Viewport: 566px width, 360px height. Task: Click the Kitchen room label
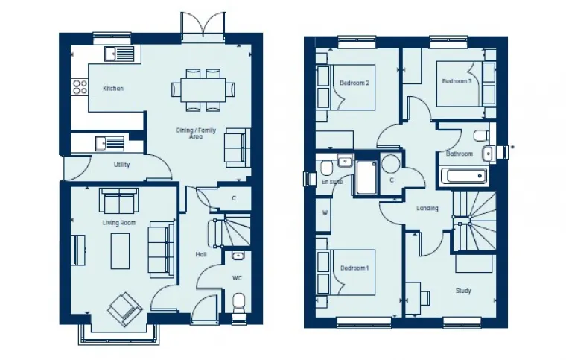click(x=113, y=89)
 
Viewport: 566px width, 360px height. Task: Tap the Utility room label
click(x=122, y=165)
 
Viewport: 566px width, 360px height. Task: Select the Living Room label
click(x=119, y=223)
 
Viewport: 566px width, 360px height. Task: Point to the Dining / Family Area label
click(x=196, y=133)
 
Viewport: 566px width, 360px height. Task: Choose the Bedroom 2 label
click(x=354, y=83)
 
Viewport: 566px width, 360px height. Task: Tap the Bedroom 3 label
click(x=457, y=81)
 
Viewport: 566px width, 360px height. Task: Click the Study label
click(x=463, y=291)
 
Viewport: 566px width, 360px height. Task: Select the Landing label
click(x=427, y=209)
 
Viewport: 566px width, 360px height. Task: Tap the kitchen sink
click(x=119, y=54)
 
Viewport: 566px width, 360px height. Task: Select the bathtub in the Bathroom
click(x=463, y=177)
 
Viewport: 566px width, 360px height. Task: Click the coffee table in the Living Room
click(x=121, y=250)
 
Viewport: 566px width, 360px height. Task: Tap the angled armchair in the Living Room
click(x=124, y=309)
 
